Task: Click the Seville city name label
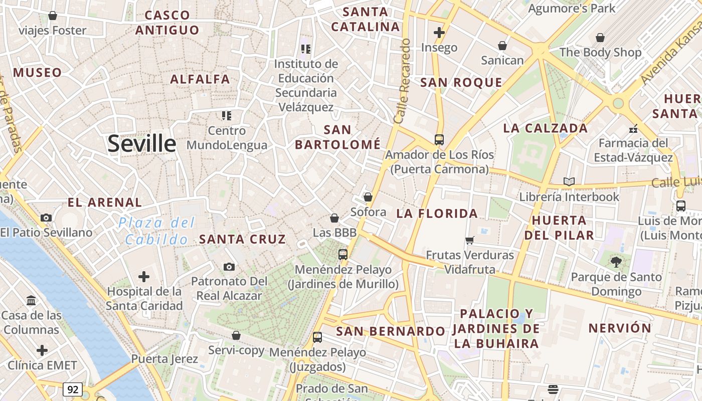(142, 144)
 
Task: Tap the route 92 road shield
(73, 389)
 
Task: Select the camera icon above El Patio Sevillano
(46, 218)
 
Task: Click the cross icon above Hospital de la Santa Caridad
(144, 277)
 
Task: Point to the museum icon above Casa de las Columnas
(31, 301)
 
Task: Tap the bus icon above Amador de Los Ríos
(439, 140)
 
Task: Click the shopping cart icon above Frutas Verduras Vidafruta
(470, 241)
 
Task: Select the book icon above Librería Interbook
(569, 182)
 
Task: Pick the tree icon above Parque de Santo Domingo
(616, 262)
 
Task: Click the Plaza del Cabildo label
(156, 231)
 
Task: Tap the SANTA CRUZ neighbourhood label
(242, 240)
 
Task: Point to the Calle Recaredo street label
(403, 81)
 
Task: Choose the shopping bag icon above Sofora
(368, 197)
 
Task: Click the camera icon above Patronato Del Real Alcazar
(229, 267)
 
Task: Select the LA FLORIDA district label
(437, 214)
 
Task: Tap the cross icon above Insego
(439, 33)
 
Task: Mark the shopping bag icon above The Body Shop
(600, 38)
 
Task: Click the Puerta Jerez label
(164, 359)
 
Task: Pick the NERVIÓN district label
(620, 328)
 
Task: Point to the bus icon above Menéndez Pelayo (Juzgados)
(317, 337)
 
